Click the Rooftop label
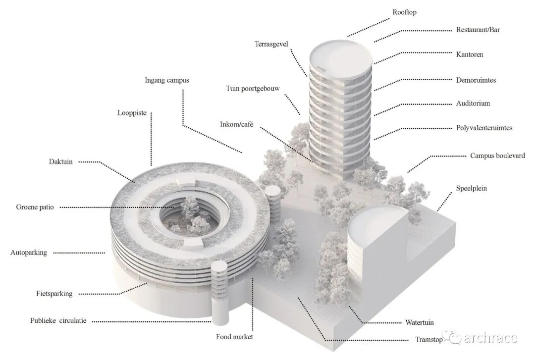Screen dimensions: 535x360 [x=404, y=12]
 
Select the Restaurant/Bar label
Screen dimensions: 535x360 [x=478, y=30]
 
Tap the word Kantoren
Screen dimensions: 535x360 [x=470, y=54]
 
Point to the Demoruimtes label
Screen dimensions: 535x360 [x=476, y=80]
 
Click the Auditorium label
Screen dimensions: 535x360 [x=473, y=103]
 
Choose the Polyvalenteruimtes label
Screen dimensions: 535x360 [x=484, y=128]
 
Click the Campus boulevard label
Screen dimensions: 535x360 [x=497, y=156]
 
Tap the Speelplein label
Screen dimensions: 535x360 [x=472, y=188]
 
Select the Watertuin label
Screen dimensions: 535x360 [x=420, y=322]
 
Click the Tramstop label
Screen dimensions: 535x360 [x=429, y=340]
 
